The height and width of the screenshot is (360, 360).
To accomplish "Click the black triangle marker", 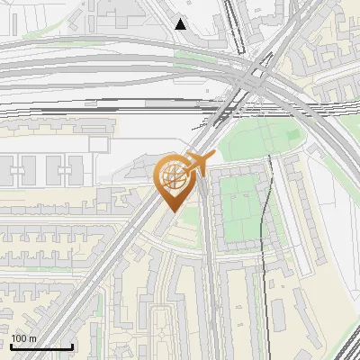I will pos(181,24).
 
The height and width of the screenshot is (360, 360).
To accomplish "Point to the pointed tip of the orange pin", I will pos(172,211).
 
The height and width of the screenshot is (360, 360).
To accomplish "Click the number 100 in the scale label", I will pos(20,337).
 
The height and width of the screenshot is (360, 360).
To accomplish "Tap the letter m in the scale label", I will pos(32,337).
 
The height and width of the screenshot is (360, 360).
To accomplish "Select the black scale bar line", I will pos(41,346).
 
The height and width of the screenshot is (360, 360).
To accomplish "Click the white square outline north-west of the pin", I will pos(98,143).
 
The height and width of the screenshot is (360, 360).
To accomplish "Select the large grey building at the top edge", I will pos(135,9).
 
